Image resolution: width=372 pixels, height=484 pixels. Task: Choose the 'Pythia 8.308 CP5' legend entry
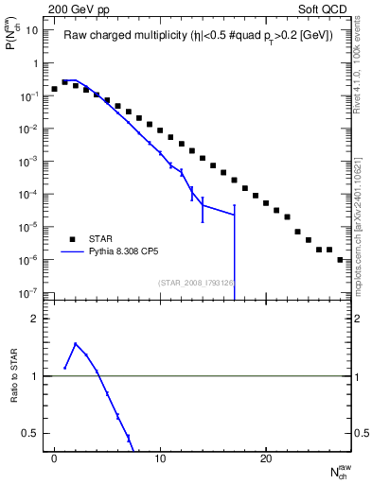tap(124, 252)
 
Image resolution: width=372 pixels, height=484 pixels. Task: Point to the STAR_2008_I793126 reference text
tap(196, 282)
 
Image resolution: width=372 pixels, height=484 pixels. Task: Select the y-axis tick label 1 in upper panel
tap(35, 63)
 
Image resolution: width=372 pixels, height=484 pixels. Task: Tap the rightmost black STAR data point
tap(340, 259)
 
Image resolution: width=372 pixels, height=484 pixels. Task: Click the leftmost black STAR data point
tap(55, 89)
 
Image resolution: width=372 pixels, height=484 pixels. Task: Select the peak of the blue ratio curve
tap(76, 344)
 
